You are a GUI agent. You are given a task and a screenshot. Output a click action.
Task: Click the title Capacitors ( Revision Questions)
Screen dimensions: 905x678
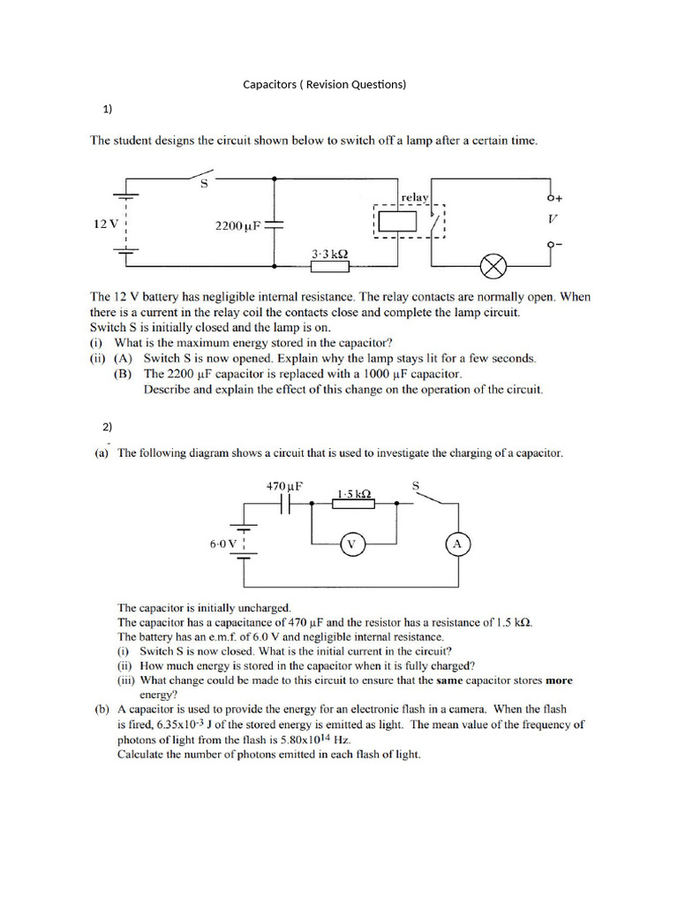pyautogui.click(x=324, y=85)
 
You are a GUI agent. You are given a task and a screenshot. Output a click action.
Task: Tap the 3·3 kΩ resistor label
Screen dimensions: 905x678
pyautogui.click(x=329, y=254)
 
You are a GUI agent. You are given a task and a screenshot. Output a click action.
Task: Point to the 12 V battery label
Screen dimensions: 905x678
pyautogui.click(x=105, y=224)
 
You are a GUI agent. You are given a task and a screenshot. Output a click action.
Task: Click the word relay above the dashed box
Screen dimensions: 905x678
pyautogui.click(x=414, y=198)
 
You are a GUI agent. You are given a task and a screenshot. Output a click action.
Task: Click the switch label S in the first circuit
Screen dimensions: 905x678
pyautogui.click(x=204, y=185)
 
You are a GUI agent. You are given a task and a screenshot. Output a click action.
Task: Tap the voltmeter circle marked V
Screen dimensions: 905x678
pyautogui.click(x=350, y=544)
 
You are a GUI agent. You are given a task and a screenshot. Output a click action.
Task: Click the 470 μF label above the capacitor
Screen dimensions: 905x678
pyautogui.click(x=285, y=485)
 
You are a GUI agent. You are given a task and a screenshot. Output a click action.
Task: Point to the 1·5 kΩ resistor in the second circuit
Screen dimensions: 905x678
pyautogui.click(x=352, y=503)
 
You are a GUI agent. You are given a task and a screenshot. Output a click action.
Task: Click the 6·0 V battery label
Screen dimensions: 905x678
pyautogui.click(x=222, y=544)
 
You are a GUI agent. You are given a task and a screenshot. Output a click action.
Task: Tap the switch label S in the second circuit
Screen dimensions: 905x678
pyautogui.click(x=417, y=484)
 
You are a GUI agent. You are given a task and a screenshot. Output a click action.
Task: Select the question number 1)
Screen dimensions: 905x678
pyautogui.click(x=107, y=110)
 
